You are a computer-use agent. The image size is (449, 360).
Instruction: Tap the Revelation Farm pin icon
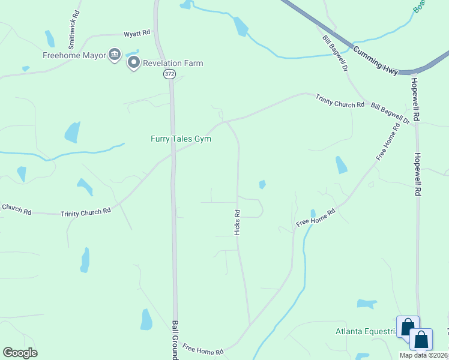click(x=133, y=63)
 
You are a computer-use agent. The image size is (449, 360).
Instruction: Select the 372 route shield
click(x=169, y=73)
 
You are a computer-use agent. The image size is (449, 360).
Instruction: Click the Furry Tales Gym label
click(x=181, y=139)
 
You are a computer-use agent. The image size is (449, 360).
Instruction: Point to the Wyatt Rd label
click(x=137, y=34)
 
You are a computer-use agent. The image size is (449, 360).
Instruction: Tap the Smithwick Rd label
click(x=71, y=34)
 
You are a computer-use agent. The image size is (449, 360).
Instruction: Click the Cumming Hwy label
click(x=375, y=61)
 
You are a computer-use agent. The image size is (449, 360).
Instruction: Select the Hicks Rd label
click(x=237, y=221)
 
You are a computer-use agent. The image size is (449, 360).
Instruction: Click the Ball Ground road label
click(x=175, y=340)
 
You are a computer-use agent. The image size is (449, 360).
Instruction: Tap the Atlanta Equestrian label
click(x=366, y=331)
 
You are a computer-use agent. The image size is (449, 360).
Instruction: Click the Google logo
click(x=20, y=353)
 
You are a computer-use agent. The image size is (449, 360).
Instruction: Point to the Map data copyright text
click(x=424, y=355)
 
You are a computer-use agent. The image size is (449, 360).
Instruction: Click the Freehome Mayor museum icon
click(x=113, y=55)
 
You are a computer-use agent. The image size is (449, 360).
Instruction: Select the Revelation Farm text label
click(x=173, y=63)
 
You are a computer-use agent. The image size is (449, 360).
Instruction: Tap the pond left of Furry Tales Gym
click(x=72, y=132)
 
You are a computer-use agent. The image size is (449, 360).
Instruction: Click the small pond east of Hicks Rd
click(x=262, y=185)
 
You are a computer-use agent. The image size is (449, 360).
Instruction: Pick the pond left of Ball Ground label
click(x=146, y=319)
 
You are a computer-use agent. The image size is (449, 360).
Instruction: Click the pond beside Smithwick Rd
click(x=49, y=38)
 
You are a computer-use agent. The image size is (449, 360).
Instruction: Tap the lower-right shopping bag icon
click(x=421, y=340)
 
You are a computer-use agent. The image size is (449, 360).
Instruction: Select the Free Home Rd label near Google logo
click(x=203, y=349)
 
